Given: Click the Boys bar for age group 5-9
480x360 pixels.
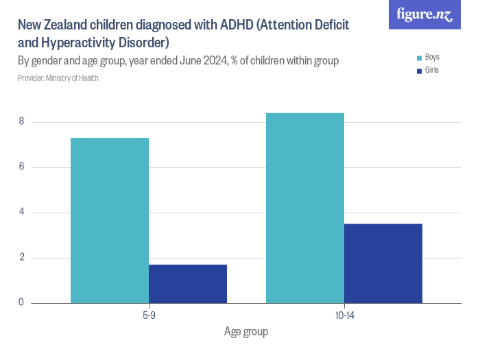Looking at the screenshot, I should [110, 220].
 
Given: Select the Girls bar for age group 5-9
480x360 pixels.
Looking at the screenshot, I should [188, 284].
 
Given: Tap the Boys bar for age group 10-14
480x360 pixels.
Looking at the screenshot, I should [305, 208].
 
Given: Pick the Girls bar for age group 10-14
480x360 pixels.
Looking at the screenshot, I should [383, 263].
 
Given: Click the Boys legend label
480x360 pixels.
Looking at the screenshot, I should [433, 57].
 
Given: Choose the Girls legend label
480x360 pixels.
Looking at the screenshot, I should [432, 70].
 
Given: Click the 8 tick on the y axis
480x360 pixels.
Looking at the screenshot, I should [21, 122].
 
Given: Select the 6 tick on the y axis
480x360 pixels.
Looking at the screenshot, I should [21, 167].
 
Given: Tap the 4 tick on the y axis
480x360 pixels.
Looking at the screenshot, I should [21, 213].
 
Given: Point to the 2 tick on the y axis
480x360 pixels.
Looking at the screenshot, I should [21, 258].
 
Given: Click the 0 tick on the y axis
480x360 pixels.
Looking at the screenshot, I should [21, 302].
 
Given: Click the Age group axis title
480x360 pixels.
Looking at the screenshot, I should [246, 332].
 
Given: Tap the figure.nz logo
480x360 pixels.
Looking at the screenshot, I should [424, 14].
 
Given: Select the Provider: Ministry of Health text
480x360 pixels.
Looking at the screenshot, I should [58, 78].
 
